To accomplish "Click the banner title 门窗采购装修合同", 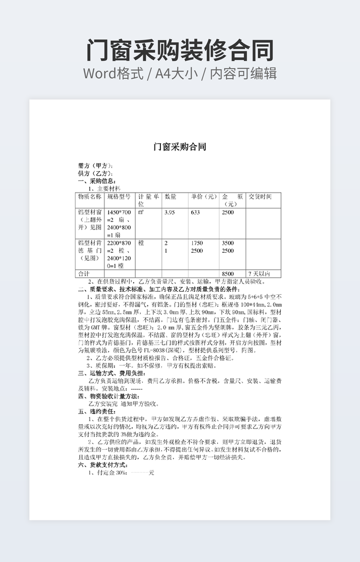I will (179, 50).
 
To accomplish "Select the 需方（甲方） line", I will (95, 166).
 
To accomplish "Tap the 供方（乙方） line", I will (95, 173).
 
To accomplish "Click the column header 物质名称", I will (89, 197).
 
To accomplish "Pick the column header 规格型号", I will (119, 197).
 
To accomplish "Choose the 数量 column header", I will (170, 197).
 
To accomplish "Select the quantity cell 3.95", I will (170, 212).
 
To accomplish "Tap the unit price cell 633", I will (195, 212).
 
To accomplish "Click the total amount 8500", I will (227, 274).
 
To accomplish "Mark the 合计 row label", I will (84, 274).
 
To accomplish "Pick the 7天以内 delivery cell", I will (259, 274).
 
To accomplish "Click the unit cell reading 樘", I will (141, 243).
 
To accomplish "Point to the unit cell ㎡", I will (141, 212).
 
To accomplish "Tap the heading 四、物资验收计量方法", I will (109, 396).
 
